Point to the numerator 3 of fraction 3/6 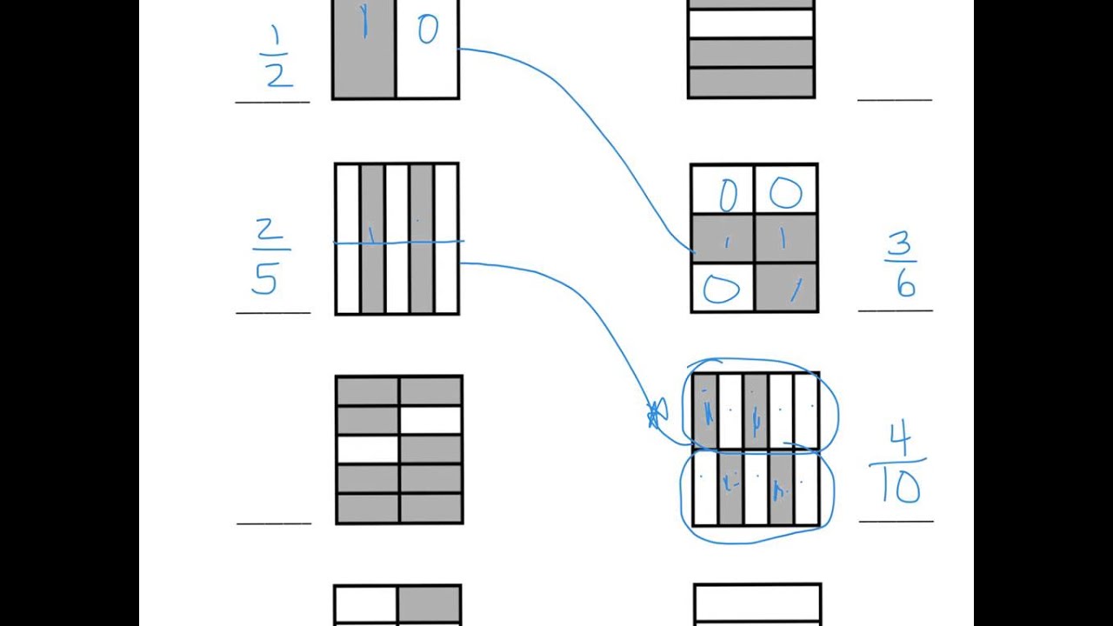[x=900, y=247]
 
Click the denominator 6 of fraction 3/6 [x=906, y=284]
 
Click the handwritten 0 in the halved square [x=427, y=31]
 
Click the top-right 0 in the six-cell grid [x=785, y=194]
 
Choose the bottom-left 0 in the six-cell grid [x=722, y=289]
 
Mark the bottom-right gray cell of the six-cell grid [x=786, y=288]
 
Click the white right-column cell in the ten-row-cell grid [x=430, y=421]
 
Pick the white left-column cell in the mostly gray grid [x=367, y=450]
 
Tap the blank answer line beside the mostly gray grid [x=273, y=523]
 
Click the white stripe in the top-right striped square [x=750, y=23]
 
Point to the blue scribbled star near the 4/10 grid [x=656, y=415]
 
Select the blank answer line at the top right [x=894, y=99]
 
